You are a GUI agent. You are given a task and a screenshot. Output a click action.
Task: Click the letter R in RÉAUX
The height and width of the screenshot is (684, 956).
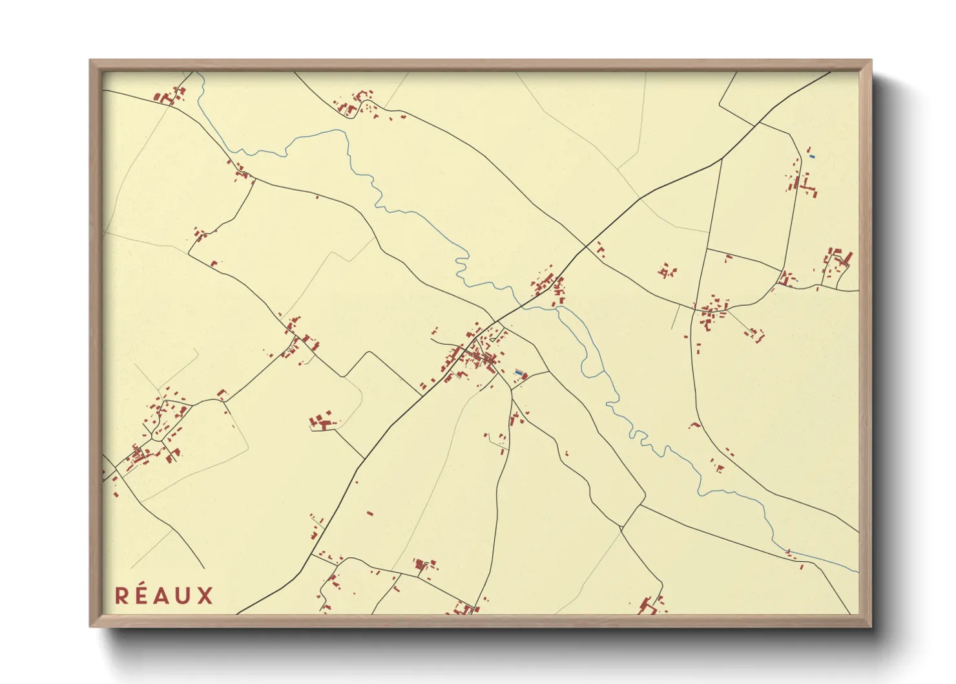coord(122,596)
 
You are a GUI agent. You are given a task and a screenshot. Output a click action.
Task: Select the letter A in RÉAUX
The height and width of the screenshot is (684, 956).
coord(163,596)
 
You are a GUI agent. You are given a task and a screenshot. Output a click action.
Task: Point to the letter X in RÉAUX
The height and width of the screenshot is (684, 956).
coord(205,596)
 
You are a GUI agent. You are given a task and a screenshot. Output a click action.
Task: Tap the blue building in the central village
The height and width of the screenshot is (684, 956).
coord(517,372)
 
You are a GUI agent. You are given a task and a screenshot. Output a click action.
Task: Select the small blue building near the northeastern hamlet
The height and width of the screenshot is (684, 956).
coord(812,156)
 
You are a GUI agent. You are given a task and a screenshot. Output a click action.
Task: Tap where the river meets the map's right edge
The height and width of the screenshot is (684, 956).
coord(858,572)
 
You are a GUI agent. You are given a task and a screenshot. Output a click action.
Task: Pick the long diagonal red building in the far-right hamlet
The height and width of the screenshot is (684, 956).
coord(848,259)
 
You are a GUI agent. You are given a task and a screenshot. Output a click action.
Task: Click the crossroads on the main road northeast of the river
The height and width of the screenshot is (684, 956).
coord(586,246)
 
